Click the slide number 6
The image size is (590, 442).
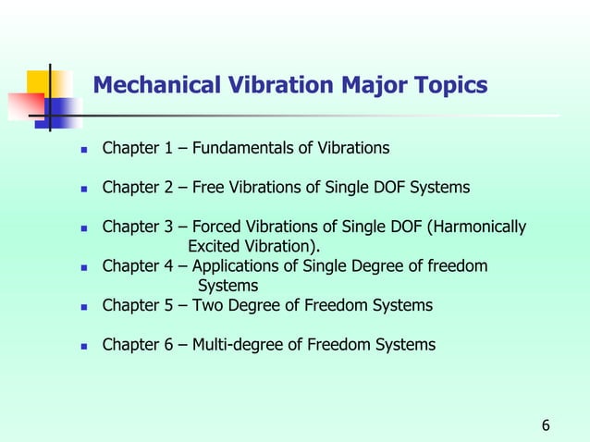(x=546, y=425)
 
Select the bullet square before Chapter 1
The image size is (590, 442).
(x=83, y=149)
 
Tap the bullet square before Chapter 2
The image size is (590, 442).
(x=83, y=189)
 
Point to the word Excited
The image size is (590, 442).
(x=214, y=246)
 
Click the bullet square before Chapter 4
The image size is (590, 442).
(x=83, y=267)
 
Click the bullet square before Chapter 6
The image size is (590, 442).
(x=83, y=346)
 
